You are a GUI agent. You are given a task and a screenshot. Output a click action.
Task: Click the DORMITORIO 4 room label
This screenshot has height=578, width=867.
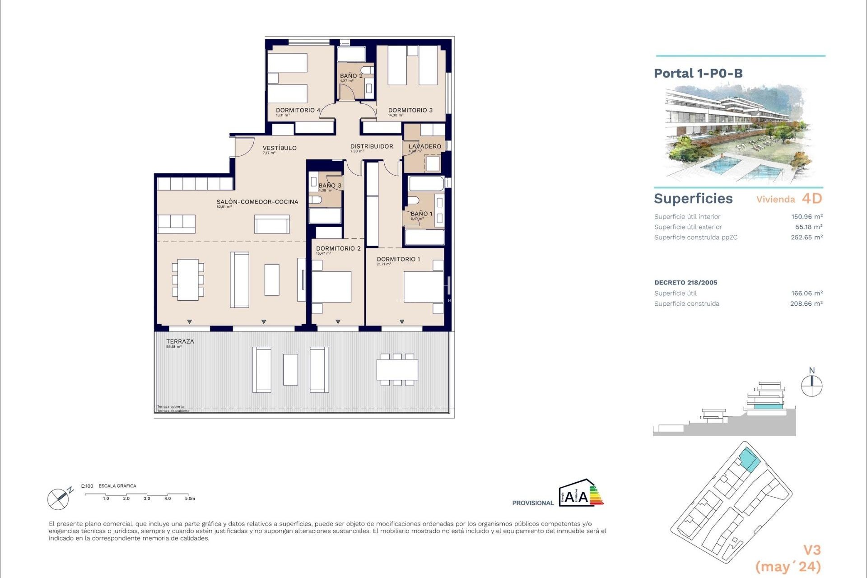[298, 110]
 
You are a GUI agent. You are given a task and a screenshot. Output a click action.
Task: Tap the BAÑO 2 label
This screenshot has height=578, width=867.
[351, 76]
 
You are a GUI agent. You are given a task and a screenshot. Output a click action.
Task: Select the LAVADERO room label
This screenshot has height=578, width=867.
[424, 146]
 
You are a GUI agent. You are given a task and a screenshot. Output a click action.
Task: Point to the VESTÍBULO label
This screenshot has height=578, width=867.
[280, 148]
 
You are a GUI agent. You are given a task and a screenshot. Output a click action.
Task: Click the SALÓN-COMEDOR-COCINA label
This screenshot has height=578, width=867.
[257, 202]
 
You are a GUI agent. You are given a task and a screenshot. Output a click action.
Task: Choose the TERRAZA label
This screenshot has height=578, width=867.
[180, 341]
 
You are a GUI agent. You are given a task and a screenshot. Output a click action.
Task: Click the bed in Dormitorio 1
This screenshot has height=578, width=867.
[423, 287]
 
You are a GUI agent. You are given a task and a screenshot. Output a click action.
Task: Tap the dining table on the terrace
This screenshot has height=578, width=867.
[397, 370]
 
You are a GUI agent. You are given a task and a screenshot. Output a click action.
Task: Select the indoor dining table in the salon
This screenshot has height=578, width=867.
[187, 280]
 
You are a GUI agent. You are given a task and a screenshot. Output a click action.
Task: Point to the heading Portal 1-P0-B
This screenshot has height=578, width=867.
[698, 73]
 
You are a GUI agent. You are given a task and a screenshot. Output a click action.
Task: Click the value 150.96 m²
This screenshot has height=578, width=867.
[806, 217]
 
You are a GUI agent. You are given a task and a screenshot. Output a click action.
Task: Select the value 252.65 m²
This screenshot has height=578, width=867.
[806, 238]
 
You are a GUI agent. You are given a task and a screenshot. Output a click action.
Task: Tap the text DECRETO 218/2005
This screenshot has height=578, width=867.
[685, 283]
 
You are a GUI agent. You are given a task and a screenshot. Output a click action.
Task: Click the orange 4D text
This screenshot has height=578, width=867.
[811, 199]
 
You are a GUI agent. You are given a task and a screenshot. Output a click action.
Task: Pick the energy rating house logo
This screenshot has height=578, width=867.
[580, 493]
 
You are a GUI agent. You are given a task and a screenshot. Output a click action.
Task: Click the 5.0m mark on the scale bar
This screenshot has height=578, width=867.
[190, 499]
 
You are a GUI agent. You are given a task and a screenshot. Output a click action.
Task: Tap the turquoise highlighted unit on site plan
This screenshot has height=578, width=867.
[749, 461]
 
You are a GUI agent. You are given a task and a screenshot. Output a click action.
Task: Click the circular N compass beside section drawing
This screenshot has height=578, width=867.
[811, 387]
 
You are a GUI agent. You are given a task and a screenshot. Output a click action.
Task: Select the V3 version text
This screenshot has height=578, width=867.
[811, 550]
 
